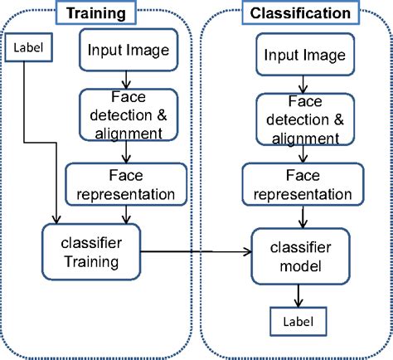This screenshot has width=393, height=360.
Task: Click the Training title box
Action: coord(96,12)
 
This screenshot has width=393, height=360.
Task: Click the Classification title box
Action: coord(301,12)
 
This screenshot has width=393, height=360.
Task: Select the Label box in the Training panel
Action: coord(28,47)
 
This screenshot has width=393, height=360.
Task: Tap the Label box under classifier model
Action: coord(298,322)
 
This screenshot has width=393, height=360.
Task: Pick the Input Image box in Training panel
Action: coord(129,50)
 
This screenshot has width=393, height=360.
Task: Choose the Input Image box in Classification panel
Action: coord(305,55)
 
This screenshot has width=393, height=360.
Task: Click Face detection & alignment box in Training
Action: coord(129,114)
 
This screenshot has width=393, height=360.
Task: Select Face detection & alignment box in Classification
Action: coord(305,119)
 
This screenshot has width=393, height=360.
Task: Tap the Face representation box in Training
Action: coord(126,184)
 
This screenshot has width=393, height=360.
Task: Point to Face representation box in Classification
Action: coord(303,184)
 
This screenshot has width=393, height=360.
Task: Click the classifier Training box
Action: coord(91,252)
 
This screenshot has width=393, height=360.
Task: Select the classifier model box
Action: coord(301,256)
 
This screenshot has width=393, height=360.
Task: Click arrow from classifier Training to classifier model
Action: coord(196,251)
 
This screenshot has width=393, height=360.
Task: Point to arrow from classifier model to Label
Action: coord(298,296)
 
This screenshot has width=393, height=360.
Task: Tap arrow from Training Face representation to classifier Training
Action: coord(126,215)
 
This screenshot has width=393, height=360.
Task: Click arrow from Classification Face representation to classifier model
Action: coord(303,217)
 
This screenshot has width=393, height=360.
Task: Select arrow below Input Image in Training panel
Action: coord(126,80)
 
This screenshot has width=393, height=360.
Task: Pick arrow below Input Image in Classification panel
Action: coord(303,85)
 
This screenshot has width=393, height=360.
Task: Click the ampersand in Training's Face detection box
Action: coord(162,115)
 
